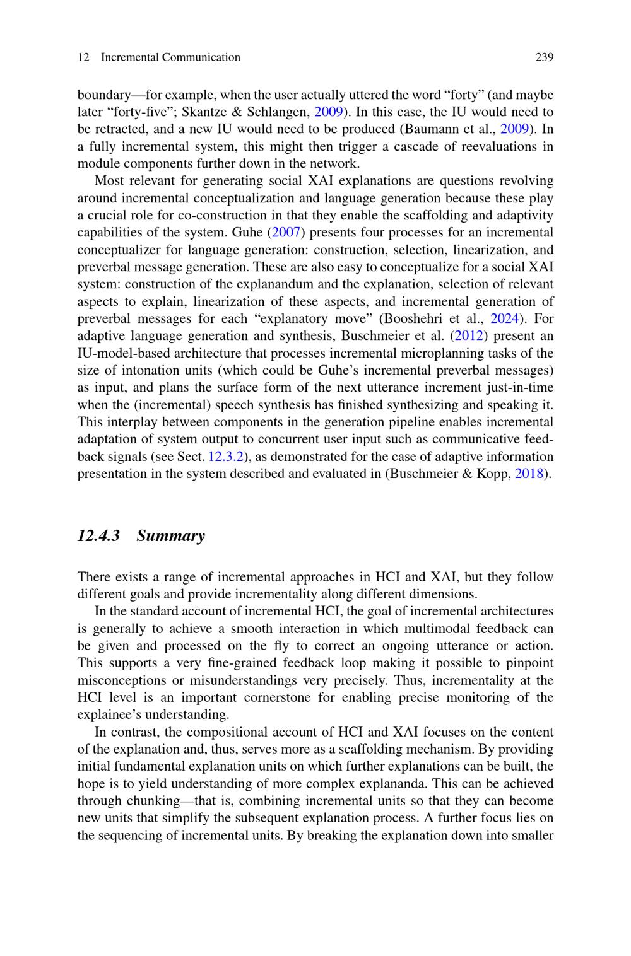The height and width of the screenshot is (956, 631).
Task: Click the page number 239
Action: (544, 57)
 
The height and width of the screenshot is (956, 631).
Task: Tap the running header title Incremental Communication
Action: (170, 57)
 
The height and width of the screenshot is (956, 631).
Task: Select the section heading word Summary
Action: (170, 536)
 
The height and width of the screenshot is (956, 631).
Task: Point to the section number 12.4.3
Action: (98, 536)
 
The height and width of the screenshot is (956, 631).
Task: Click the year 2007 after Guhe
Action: (285, 233)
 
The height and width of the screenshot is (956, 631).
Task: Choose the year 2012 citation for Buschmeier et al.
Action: (468, 335)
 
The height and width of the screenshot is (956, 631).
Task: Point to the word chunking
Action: (136, 801)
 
